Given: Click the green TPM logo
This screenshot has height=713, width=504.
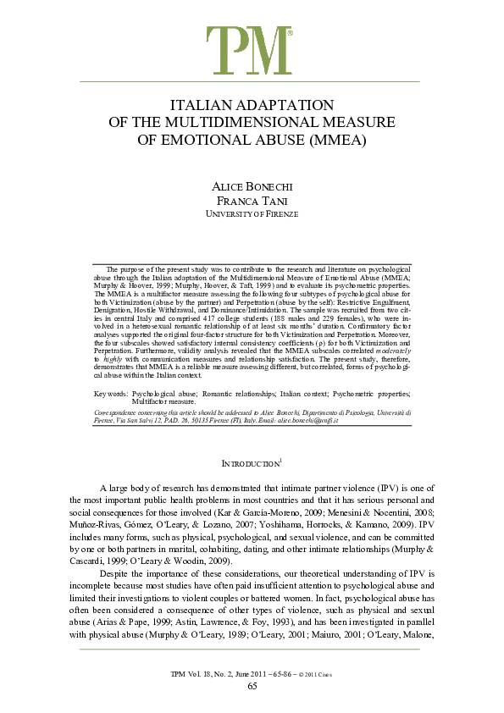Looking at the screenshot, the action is coord(251,50).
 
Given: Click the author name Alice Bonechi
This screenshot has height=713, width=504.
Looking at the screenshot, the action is coord(252,187).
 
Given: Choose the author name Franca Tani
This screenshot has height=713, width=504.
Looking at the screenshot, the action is coord(252,202).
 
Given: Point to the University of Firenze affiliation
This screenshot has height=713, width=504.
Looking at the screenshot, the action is coord(252,215).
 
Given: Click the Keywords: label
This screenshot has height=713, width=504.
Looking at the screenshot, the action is coord(113,396).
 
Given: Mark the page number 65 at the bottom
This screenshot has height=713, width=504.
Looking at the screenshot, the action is coord(252,684).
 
